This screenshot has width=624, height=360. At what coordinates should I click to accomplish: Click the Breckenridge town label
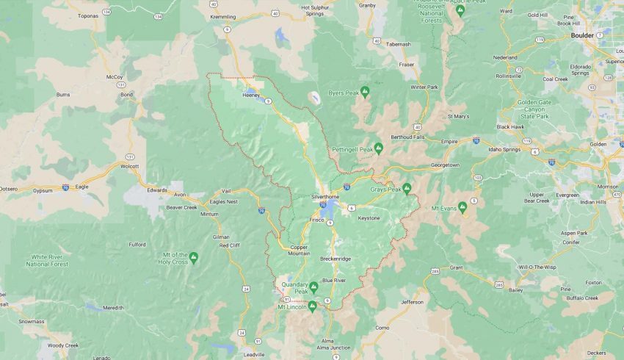335,259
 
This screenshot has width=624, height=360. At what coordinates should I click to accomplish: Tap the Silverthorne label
324,197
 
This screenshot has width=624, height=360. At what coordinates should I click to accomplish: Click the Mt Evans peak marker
462,207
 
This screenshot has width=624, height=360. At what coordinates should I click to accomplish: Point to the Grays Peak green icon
406,189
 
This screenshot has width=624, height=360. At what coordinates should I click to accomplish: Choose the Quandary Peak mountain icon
313,287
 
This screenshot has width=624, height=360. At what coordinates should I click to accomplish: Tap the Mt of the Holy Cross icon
194,257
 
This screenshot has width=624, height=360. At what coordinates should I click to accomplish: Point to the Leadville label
255,354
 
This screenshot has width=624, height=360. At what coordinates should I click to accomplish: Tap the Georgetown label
445,165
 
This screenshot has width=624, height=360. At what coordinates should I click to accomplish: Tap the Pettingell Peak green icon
378,148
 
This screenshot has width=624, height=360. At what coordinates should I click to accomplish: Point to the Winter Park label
424,87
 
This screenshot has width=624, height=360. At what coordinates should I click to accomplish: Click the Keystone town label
369,218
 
